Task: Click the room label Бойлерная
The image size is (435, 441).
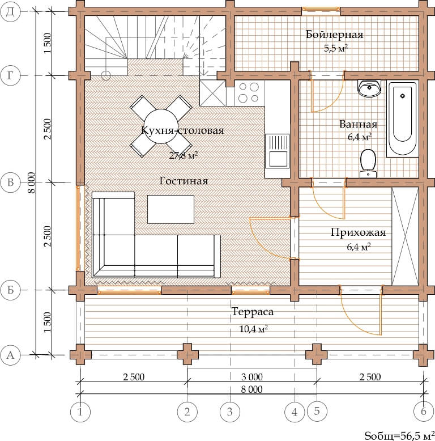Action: (x=334, y=35)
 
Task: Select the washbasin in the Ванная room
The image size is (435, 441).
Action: (x=369, y=88)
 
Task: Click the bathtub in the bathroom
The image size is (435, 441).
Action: (x=402, y=118)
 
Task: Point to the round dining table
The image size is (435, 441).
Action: (x=161, y=126)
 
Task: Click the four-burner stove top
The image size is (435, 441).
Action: (x=249, y=93)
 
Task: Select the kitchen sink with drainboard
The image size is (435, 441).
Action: (x=277, y=151)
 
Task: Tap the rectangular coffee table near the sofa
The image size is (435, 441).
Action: (x=171, y=209)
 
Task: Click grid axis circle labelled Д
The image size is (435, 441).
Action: (x=10, y=11)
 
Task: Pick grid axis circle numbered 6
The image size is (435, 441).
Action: (x=424, y=412)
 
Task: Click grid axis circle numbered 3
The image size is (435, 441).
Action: (x=230, y=412)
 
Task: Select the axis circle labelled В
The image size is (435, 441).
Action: (x=10, y=183)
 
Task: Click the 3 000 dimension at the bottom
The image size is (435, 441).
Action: (x=252, y=376)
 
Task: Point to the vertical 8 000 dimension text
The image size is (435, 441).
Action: (x=32, y=183)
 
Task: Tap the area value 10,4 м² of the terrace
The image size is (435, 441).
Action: (x=254, y=328)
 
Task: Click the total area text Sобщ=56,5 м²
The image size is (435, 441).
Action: (x=399, y=435)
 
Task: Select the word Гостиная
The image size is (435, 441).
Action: (x=184, y=181)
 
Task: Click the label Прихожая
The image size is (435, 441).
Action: (x=358, y=232)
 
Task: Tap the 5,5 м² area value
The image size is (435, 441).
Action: (x=336, y=48)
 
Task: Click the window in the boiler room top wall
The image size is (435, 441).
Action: (x=321, y=10)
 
